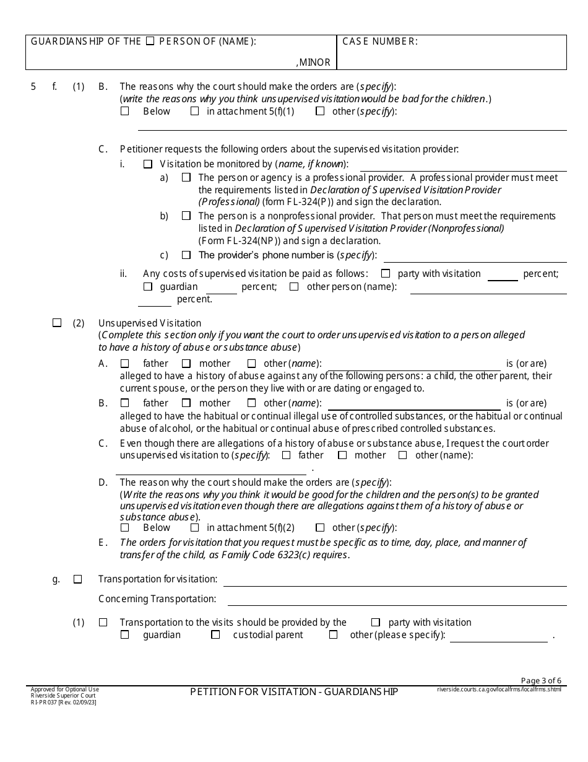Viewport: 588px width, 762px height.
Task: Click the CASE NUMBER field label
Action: pyautogui.click(x=379, y=42)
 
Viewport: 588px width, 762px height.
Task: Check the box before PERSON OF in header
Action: pyautogui.click(x=150, y=42)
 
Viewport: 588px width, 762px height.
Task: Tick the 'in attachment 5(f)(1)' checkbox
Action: pyautogui.click(x=194, y=112)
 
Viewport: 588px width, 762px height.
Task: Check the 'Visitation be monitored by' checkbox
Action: pyautogui.click(x=147, y=165)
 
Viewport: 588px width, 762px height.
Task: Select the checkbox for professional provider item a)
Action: pyautogui.click(x=186, y=177)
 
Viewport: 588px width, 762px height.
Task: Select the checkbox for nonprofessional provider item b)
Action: pyautogui.click(x=186, y=216)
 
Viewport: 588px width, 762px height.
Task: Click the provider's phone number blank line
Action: pyautogui.click(x=474, y=255)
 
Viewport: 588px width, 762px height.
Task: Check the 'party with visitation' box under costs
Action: pyautogui.click(x=386, y=273)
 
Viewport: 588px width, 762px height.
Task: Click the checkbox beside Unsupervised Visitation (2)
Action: pyautogui.click(x=57, y=323)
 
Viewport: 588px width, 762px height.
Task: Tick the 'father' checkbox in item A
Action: pyautogui.click(x=124, y=364)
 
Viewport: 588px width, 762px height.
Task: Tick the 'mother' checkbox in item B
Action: pyautogui.click(x=186, y=403)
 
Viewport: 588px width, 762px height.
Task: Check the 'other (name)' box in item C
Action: pyautogui.click(x=403, y=455)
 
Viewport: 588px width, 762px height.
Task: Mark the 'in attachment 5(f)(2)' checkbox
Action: pyautogui.click(x=194, y=528)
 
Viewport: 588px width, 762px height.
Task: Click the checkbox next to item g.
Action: pyautogui.click(x=77, y=579)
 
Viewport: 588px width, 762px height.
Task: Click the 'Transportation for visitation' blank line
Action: pyautogui.click(x=394, y=580)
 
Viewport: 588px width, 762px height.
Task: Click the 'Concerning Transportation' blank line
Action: pyautogui.click(x=397, y=599)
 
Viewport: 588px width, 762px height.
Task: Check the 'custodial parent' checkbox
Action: pyautogui.click(x=215, y=635)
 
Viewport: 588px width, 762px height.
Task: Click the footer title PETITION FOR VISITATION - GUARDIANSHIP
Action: pyautogui.click(x=294, y=691)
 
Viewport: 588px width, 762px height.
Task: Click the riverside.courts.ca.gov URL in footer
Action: pyautogui.click(x=499, y=689)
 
